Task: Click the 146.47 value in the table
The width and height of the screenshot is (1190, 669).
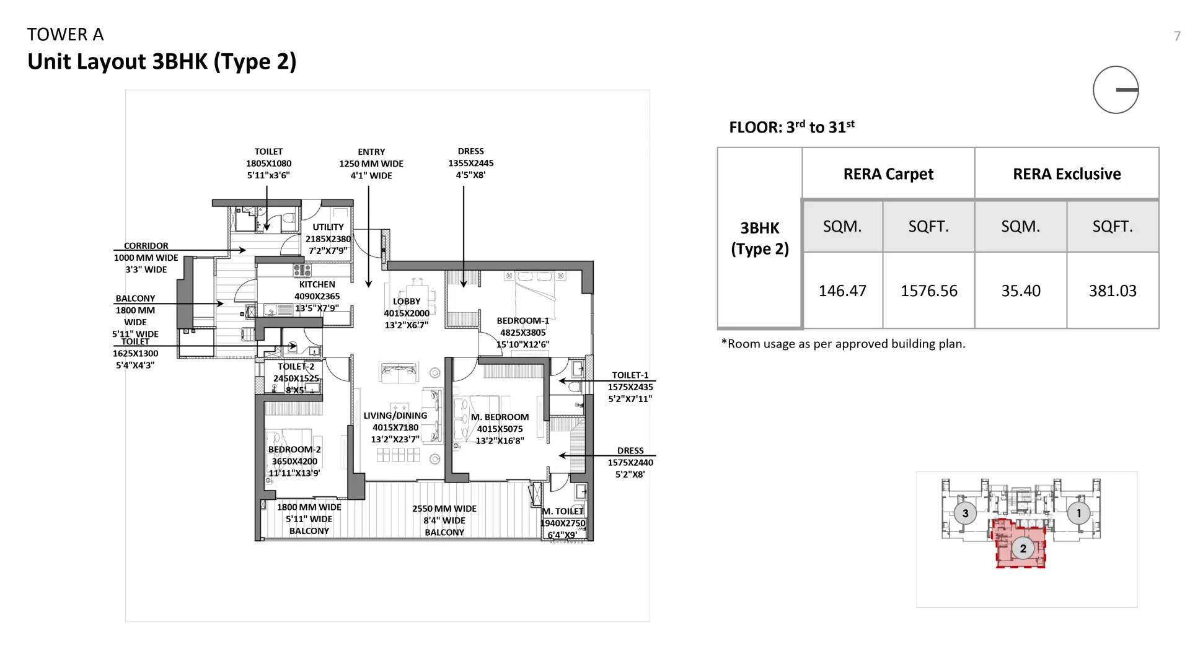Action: [x=842, y=291]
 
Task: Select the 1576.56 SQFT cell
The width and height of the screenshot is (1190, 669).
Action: [x=928, y=291]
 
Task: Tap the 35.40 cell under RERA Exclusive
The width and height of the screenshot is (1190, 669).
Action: [x=1021, y=291]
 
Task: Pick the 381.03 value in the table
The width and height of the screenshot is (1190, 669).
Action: [x=1113, y=291]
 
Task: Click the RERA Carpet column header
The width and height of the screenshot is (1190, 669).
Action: [x=888, y=174]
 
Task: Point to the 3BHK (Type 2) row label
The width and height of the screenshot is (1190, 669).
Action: [x=760, y=238]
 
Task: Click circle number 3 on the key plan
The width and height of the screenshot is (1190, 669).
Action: [x=965, y=513]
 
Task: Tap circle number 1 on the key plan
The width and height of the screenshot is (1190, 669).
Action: [x=1078, y=513]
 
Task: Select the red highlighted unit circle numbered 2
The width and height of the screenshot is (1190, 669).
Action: [x=1023, y=548]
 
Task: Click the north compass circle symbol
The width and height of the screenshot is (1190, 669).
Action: [x=1116, y=90]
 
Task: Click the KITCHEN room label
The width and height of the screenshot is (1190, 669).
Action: [x=317, y=284]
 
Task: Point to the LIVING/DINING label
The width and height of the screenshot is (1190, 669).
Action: [x=395, y=416]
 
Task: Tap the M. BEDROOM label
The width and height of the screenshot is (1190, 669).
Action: [x=500, y=417]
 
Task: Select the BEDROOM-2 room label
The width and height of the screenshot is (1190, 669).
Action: [x=294, y=450]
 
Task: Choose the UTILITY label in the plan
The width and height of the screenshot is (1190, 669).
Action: [x=328, y=227]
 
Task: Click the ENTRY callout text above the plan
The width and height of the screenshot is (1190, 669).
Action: [x=371, y=152]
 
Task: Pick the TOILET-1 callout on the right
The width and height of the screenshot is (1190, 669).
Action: [x=630, y=375]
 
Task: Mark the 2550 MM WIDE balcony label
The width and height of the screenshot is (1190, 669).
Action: [x=444, y=509]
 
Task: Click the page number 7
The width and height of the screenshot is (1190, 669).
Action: [x=1177, y=37]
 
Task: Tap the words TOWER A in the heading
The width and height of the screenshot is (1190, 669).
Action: [x=65, y=35]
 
